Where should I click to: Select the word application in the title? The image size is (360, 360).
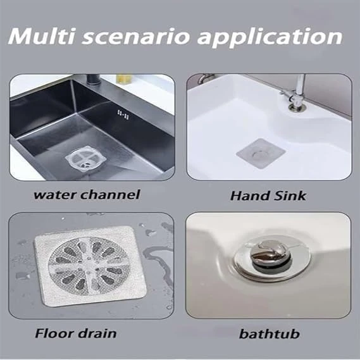(270, 38)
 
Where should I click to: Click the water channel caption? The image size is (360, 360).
(87, 195)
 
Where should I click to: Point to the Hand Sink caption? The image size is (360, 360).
(268, 196)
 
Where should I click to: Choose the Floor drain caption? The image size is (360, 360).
(76, 333)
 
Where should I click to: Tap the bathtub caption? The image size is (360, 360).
(270, 333)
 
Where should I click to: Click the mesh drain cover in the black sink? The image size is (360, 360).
(86, 159)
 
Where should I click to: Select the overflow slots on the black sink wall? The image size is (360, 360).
(123, 115)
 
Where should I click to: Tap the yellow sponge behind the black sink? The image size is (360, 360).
(125, 78)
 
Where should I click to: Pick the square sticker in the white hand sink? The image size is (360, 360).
(261, 153)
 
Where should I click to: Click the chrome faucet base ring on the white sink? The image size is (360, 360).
(296, 107)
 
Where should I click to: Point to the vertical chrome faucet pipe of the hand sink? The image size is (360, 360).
(301, 88)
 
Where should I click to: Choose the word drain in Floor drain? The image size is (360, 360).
(97, 333)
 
